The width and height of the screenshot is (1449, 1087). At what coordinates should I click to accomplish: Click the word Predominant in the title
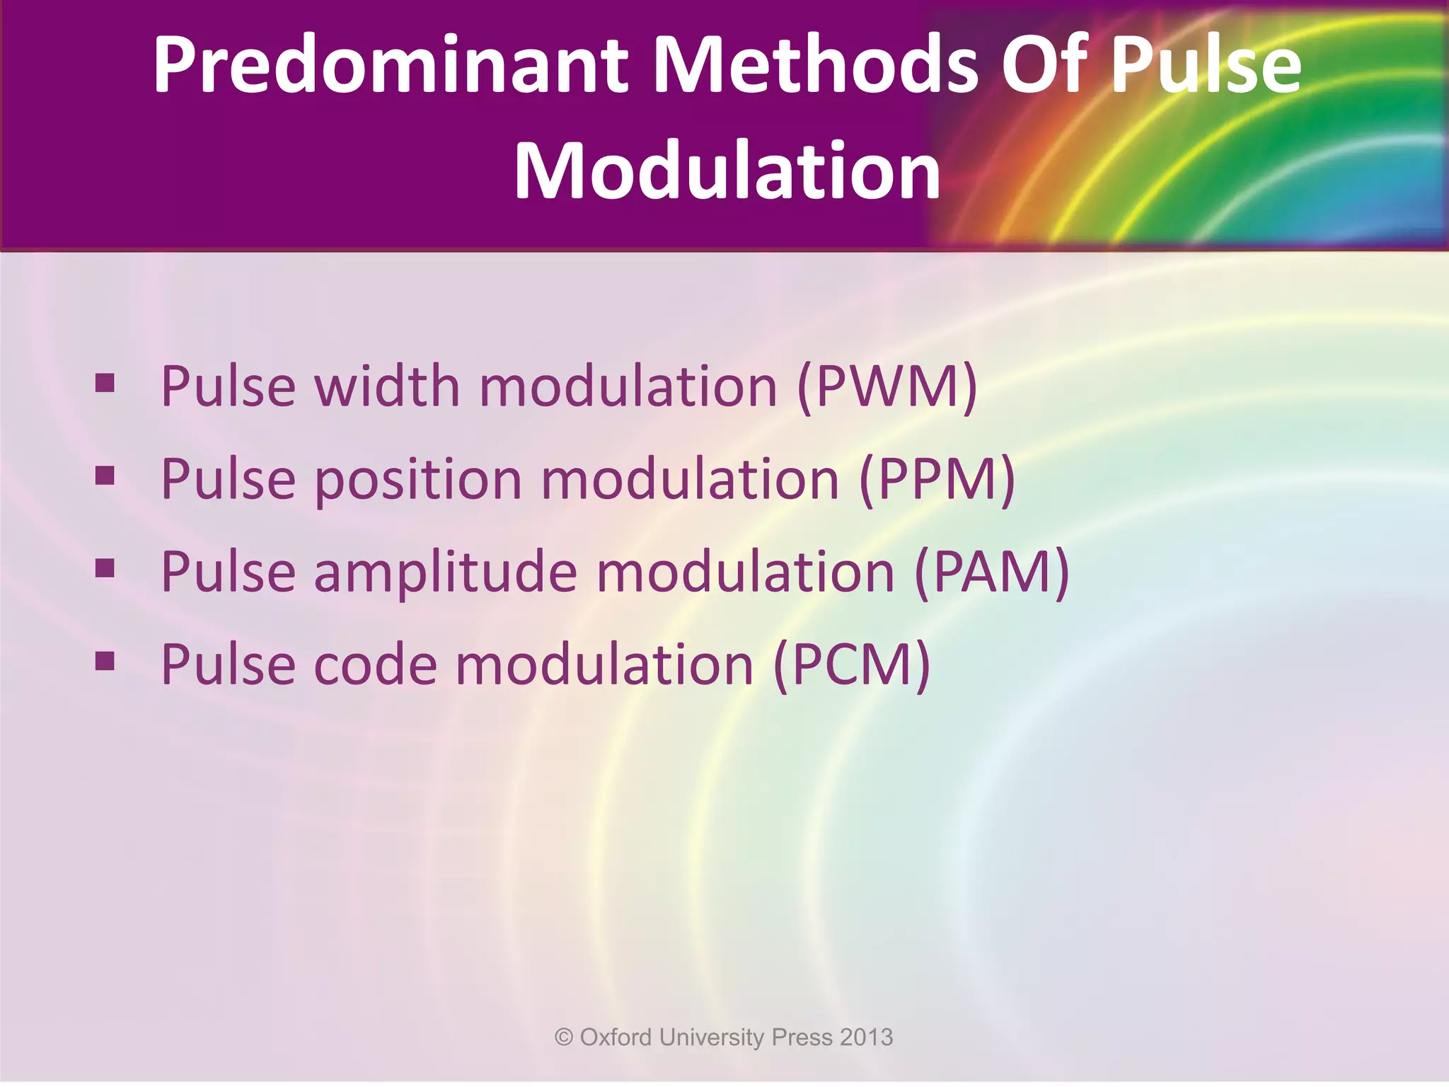pos(390,65)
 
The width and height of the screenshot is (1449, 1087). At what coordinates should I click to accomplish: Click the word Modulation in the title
pos(727,171)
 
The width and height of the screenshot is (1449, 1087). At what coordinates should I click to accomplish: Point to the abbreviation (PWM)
pos(887,386)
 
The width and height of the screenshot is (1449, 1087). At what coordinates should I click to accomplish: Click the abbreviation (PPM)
pos(937,480)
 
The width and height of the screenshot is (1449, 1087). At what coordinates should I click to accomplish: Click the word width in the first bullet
pos(387,386)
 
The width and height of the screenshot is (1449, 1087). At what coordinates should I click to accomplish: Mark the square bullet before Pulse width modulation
pos(105,384)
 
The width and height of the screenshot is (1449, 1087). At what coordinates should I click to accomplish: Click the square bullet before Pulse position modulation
pos(105,476)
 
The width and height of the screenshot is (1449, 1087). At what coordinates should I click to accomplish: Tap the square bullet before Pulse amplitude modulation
pos(105,569)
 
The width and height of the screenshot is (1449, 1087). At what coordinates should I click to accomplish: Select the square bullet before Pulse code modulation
pos(105,661)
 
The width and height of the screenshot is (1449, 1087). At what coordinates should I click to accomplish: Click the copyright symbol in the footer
pos(564,1037)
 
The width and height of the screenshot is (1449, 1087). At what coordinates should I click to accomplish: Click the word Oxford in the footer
pos(616,1037)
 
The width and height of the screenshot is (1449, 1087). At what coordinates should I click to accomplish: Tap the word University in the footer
pos(712,1038)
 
